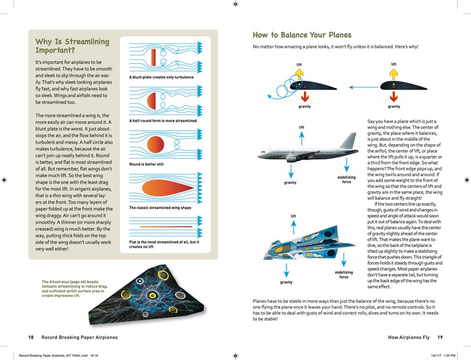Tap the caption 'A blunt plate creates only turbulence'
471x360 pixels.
pyautogui.click(x=161, y=77)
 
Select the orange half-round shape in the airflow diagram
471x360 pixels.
pyautogui.click(x=151, y=100)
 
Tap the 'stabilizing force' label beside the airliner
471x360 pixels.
pyautogui.click(x=346, y=179)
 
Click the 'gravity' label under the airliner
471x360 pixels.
pyautogui.click(x=290, y=182)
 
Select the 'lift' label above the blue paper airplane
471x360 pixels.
pyautogui.click(x=293, y=216)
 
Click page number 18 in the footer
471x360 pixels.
pyautogui.click(x=31, y=336)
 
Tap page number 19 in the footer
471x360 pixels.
pyautogui.click(x=439, y=336)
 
